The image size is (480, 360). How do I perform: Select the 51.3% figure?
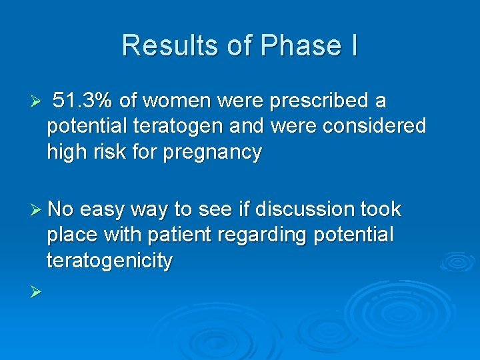coord(83,101)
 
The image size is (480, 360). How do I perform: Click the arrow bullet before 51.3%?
coord(37,102)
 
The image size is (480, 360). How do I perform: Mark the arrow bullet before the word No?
coord(37,209)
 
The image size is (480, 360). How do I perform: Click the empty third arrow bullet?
coord(37,291)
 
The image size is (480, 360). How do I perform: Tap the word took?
coord(380,209)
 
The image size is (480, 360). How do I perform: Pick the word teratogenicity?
coord(109,260)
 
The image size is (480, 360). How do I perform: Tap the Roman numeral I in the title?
coord(352,45)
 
